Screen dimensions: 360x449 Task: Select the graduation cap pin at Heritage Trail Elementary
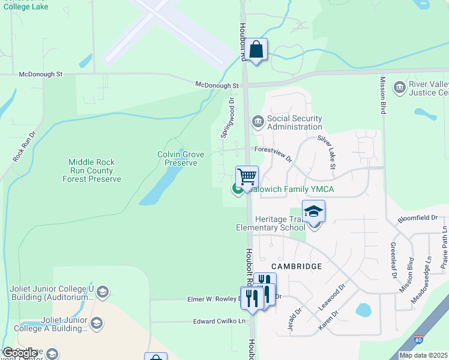[313, 212]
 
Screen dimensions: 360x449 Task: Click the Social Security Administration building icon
[258, 122]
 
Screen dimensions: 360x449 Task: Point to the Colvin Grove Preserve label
[177, 158]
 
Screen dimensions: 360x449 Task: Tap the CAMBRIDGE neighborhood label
[296, 266]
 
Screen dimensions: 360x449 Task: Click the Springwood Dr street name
[228, 118]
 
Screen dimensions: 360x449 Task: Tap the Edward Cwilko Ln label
[220, 322]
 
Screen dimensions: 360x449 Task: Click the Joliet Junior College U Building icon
[102, 292]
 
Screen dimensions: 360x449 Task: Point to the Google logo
[20, 353]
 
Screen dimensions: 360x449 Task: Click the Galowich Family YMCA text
[291, 190]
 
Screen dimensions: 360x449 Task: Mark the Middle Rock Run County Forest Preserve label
[95, 170]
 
